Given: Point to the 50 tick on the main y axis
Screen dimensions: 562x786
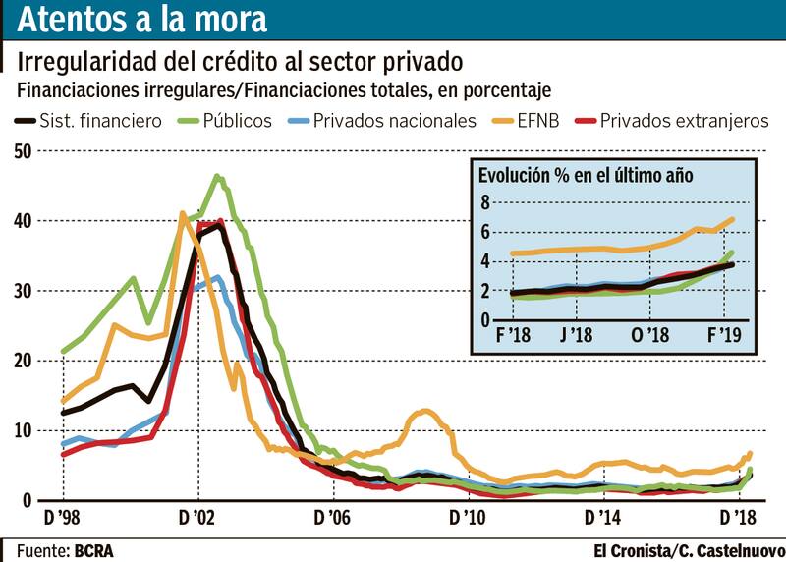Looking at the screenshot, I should (x=22, y=151).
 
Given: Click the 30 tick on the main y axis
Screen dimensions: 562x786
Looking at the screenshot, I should (x=22, y=292).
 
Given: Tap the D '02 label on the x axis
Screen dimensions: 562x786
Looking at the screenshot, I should (x=197, y=517).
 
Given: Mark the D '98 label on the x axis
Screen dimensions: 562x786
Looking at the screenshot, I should (x=63, y=517).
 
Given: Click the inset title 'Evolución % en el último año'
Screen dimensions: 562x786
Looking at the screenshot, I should (x=586, y=176).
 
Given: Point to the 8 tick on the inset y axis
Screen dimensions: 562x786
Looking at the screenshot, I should (x=484, y=202).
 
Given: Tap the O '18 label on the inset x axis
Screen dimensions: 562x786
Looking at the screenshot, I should (x=649, y=336).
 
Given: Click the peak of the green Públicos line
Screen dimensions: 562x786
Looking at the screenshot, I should (x=217, y=177).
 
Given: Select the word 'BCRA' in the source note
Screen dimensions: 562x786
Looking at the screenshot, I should (x=94, y=550).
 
